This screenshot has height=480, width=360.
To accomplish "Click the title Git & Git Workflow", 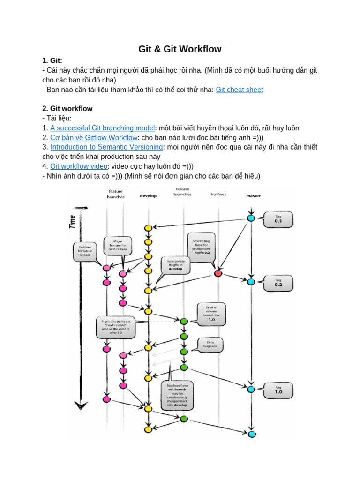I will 180,49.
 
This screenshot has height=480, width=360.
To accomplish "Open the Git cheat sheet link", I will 239,90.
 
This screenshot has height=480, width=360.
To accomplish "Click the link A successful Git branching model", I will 102,128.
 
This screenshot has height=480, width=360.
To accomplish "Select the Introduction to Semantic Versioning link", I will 106,147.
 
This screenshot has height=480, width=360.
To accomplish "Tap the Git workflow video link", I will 79,166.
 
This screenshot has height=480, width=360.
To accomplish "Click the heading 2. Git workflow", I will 67,109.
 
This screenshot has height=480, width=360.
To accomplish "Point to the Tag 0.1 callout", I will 278,219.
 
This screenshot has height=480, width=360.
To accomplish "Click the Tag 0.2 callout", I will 278,283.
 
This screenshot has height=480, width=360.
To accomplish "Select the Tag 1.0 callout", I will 278,390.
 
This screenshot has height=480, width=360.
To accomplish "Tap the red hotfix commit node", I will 217,273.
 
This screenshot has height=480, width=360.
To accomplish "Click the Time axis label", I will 73,221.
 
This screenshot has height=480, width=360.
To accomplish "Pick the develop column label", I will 148,196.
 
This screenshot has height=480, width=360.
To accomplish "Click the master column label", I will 253,196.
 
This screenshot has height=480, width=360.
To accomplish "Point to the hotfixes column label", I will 218,194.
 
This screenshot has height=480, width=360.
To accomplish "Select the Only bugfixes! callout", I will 210,345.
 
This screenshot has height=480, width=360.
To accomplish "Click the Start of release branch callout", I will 211,314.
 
